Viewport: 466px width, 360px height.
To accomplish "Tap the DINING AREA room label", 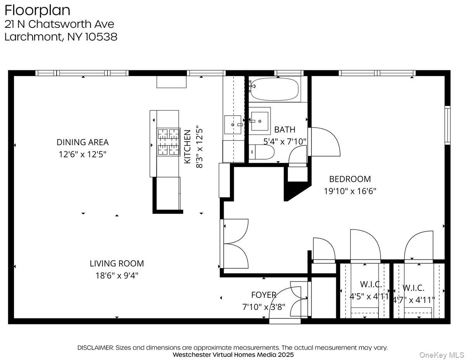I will (x=83, y=142).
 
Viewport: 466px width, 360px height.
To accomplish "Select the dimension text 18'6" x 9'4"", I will (x=117, y=276).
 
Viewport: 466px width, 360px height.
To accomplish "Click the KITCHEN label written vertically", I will (x=187, y=146).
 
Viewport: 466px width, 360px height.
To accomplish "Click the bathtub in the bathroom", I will (x=274, y=90).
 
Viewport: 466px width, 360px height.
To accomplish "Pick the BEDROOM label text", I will (x=349, y=179).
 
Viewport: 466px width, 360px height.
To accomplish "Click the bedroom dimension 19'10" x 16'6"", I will (x=349, y=191).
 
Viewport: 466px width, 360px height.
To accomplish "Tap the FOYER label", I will (x=264, y=295).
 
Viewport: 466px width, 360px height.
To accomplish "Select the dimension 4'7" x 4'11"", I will (x=413, y=300).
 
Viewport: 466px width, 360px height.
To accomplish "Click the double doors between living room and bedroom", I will (x=235, y=243).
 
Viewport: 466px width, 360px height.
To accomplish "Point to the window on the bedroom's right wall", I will (x=447, y=125).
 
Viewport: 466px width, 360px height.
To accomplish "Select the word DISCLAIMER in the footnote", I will (x=95, y=348).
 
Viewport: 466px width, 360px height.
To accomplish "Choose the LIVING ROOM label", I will (x=116, y=263).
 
